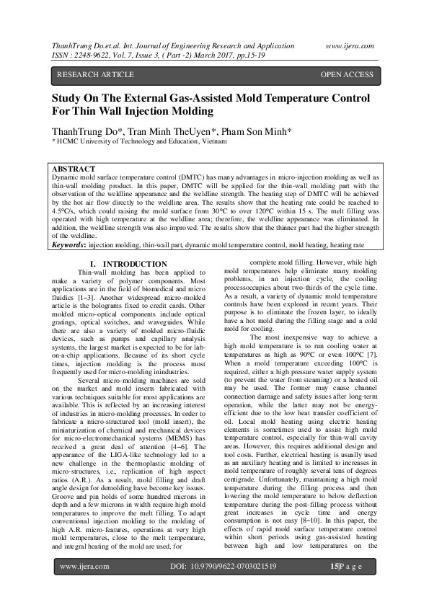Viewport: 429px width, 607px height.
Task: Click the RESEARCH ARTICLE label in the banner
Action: pos(95,75)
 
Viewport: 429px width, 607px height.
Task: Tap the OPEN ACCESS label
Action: pos(347,75)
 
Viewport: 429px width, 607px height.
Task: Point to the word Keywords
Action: pos(70,246)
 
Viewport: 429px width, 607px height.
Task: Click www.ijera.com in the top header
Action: pos(349,45)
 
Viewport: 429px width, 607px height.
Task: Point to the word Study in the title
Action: pos(68,98)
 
